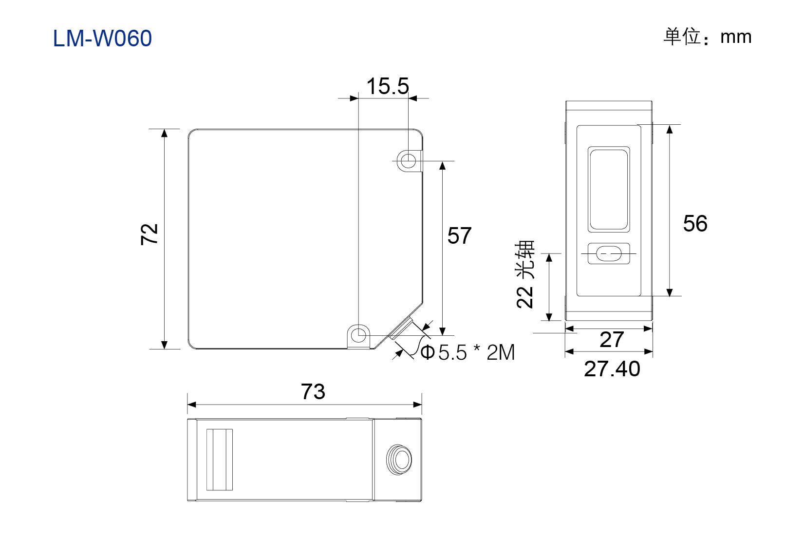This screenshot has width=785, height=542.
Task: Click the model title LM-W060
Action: (102, 38)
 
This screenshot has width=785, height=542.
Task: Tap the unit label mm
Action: (736, 37)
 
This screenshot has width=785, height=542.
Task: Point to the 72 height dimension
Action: (150, 234)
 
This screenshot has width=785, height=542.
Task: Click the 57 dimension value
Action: (459, 235)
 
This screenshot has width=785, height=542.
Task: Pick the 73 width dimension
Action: (313, 391)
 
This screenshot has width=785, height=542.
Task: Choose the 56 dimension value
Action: (695, 223)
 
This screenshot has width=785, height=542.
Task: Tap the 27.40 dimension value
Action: (612, 368)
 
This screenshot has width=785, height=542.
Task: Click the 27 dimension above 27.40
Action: (612, 339)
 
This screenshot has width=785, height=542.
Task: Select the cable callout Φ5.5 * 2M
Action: (467, 352)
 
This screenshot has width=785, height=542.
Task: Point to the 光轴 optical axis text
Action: (524, 259)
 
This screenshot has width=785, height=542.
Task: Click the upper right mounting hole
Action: (408, 161)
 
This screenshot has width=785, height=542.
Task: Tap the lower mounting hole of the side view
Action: (358, 335)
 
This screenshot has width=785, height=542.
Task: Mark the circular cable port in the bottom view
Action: (399, 460)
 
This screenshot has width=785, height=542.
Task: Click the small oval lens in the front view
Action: (609, 253)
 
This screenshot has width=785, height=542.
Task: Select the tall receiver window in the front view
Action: (609, 190)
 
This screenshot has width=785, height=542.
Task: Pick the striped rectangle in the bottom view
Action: (219, 459)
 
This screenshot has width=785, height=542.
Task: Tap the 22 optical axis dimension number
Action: (524, 297)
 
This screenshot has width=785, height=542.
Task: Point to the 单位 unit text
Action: (682, 37)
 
